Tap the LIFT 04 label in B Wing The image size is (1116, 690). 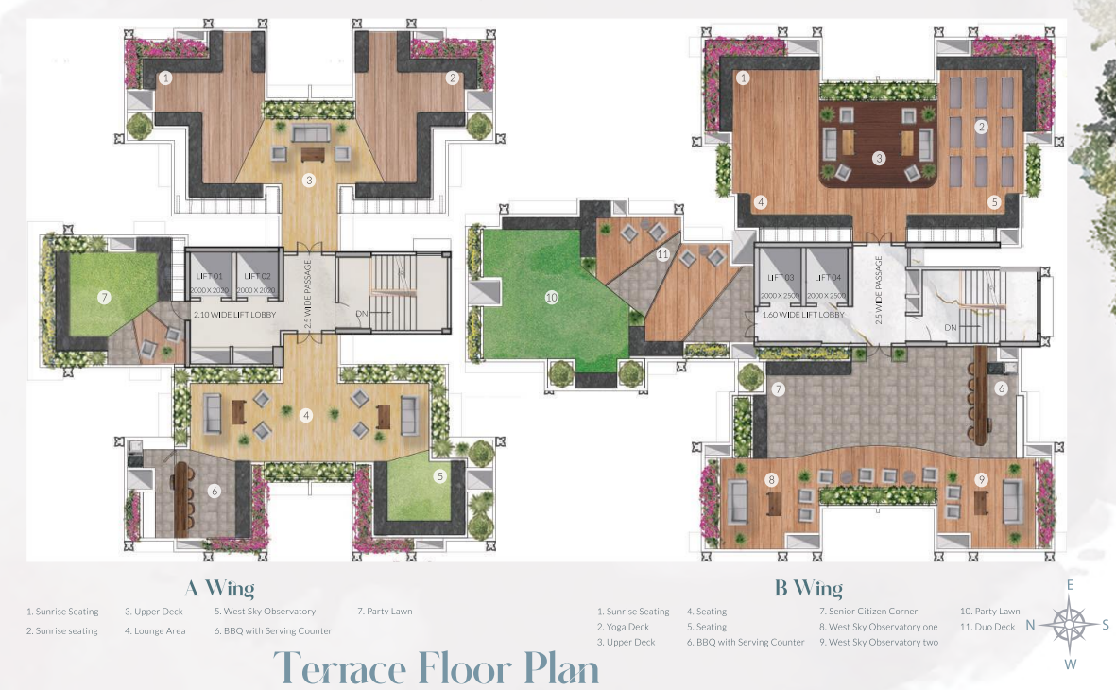point(828,277)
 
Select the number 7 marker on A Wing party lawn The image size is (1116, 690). point(105,297)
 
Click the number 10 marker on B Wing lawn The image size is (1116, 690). point(552,297)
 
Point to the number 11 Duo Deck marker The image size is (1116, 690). point(662,254)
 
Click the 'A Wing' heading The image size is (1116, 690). point(219,589)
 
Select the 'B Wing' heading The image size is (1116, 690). point(808,589)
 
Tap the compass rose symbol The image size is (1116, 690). point(1068,625)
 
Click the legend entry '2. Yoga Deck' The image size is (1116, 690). point(623,627)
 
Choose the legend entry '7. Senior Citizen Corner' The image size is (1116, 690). point(868,612)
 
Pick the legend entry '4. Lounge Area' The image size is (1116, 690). point(154,630)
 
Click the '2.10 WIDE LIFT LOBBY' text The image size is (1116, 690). point(233,314)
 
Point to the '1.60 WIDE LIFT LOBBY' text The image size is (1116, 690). point(804,314)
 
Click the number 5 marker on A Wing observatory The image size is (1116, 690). point(440,476)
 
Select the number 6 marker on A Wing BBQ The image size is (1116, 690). point(215,491)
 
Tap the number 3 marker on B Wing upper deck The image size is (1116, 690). point(879,158)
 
